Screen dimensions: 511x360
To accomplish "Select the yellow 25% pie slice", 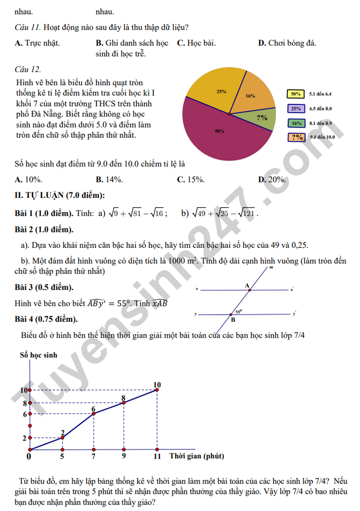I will click(216, 87).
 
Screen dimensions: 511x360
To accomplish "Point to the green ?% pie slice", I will click(263, 119).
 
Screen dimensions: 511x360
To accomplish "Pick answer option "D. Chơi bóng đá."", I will click(287, 43).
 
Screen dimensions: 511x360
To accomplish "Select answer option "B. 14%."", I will click(109, 179).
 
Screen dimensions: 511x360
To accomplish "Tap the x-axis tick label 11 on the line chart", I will click(157, 456).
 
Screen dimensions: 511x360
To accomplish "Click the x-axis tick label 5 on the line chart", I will click(62, 456).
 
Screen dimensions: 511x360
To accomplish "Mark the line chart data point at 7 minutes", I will click(93, 413).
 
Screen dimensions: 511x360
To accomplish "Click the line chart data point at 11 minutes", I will click(157, 390).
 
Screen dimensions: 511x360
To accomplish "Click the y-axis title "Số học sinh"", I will click(39, 355).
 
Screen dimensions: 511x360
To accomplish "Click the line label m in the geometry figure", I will click(271, 268).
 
